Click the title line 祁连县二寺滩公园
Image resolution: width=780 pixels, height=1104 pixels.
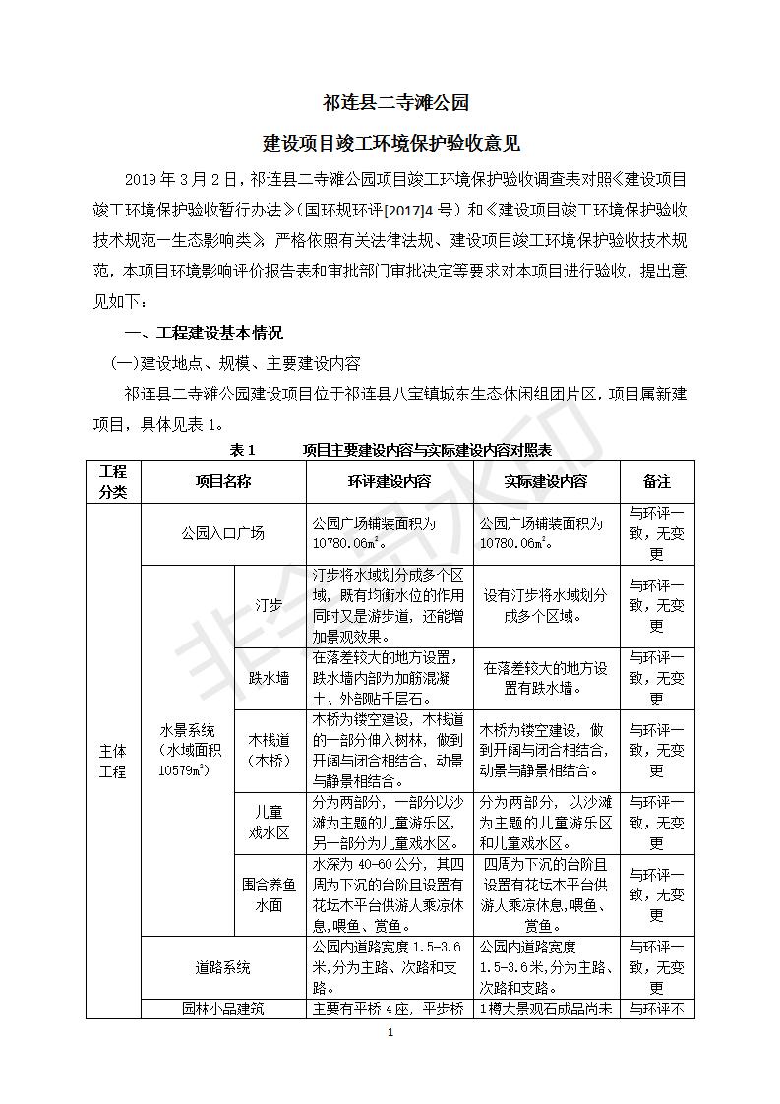(x=390, y=102)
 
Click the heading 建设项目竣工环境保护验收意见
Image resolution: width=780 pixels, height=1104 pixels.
(x=390, y=144)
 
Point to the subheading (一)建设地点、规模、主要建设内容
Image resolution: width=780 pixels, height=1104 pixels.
(x=235, y=363)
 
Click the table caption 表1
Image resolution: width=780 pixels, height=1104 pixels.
(x=242, y=450)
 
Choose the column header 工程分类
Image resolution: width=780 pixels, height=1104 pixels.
(x=113, y=482)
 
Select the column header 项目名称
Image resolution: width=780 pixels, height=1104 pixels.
(x=223, y=482)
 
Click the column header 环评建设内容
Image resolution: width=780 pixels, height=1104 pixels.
(x=390, y=482)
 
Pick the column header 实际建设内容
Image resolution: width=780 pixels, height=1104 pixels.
(x=546, y=482)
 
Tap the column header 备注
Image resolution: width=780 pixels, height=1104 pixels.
(x=656, y=482)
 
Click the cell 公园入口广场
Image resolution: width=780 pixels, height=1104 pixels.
(x=223, y=534)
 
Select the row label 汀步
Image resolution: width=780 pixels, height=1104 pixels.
(x=270, y=606)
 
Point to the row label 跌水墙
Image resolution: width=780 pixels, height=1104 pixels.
(x=270, y=679)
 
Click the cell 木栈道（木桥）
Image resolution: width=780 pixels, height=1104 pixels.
(x=270, y=750)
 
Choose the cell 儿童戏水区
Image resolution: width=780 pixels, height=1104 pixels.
(x=270, y=822)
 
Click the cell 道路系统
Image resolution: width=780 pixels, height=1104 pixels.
(x=223, y=967)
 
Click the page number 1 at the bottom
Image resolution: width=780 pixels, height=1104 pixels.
(x=390, y=1033)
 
